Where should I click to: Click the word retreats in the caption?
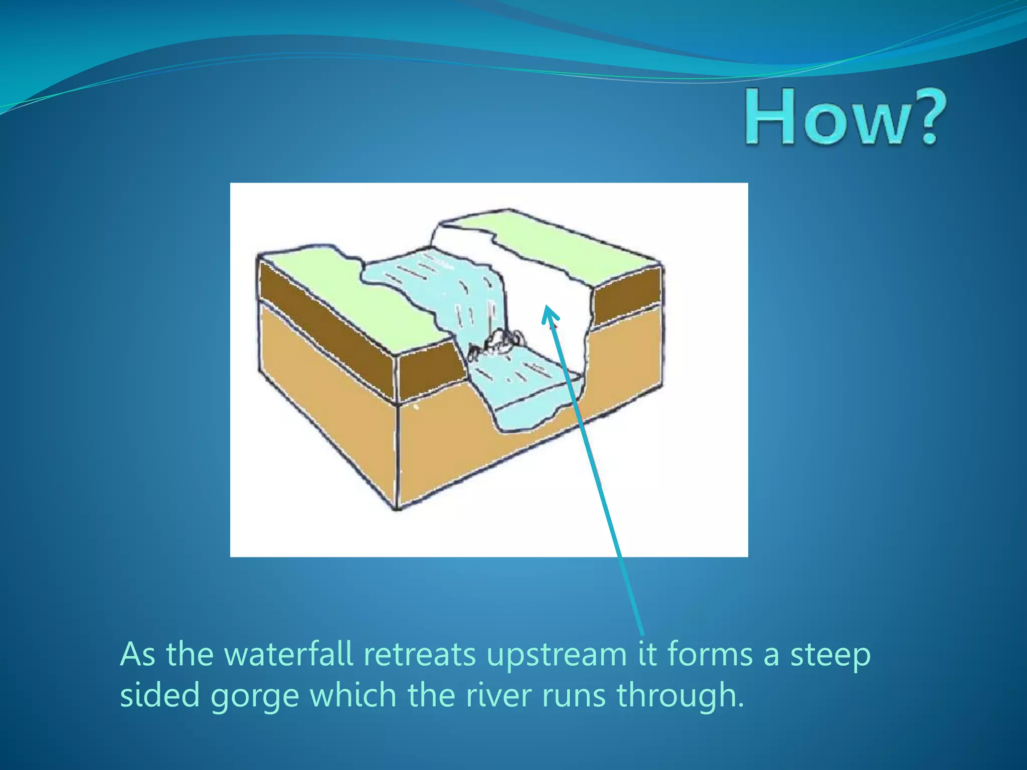[x=419, y=655]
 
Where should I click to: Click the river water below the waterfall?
[x=522, y=386]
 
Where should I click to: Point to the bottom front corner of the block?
[x=398, y=508]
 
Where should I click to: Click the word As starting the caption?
[x=137, y=655]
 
